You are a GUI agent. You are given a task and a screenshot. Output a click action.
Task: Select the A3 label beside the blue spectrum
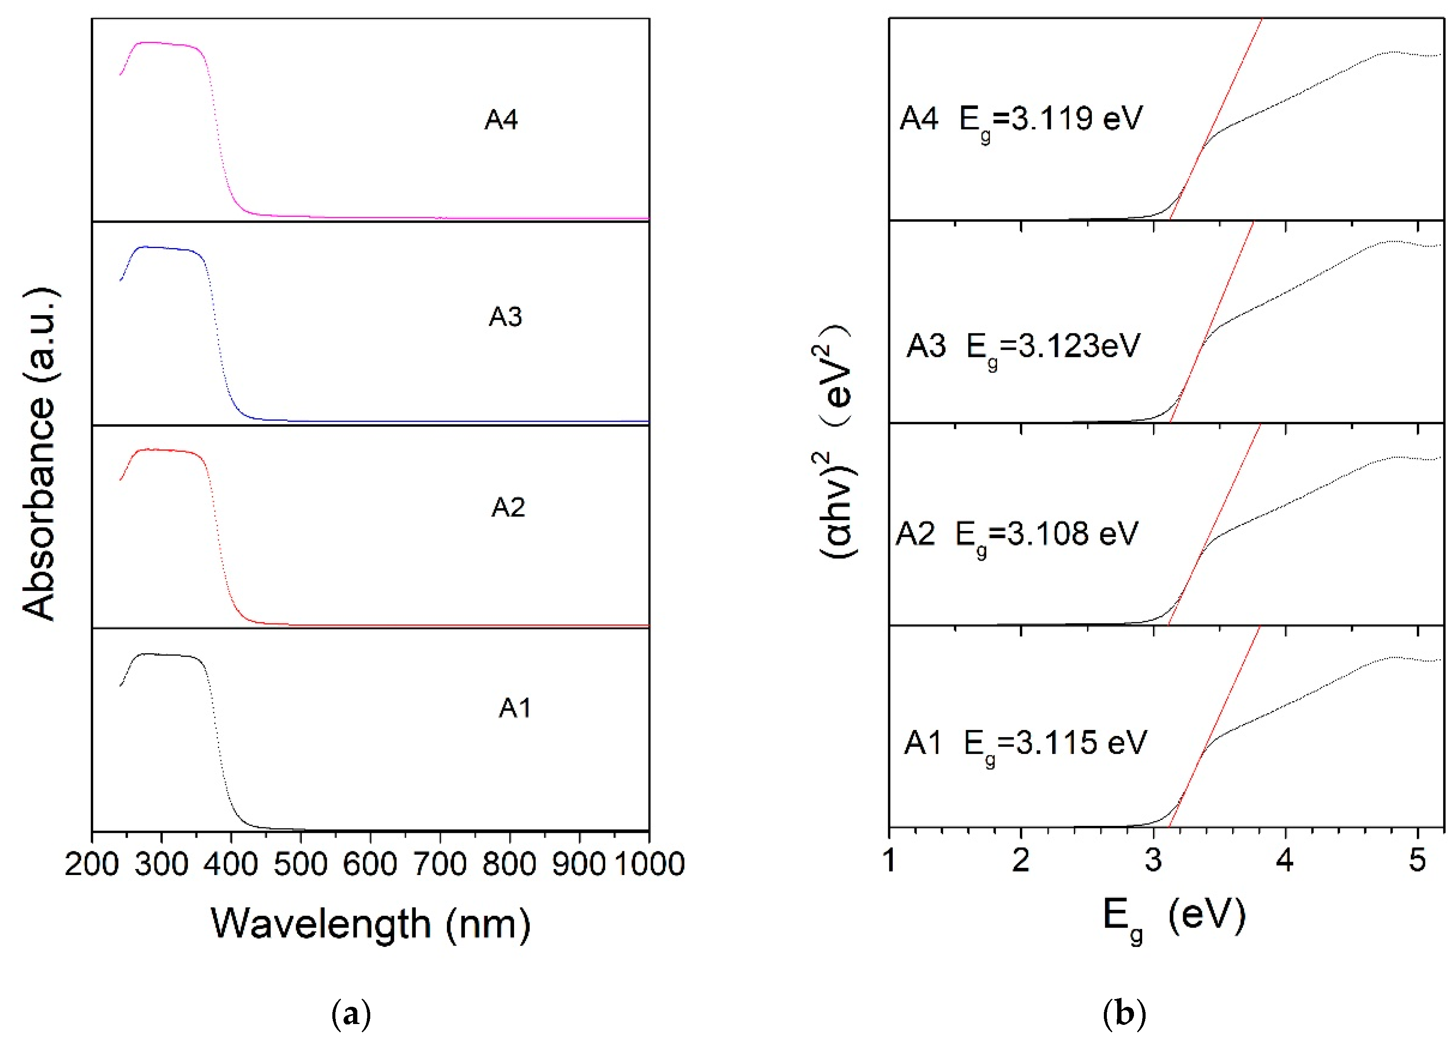[505, 317]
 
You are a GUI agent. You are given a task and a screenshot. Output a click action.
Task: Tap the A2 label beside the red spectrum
[508, 508]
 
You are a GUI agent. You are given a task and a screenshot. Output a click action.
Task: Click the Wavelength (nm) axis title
[370, 925]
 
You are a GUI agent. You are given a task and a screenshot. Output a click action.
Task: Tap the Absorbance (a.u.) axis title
[40, 454]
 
